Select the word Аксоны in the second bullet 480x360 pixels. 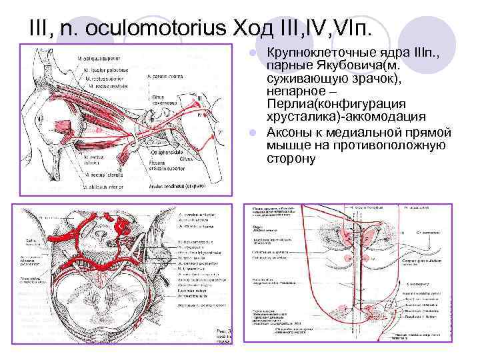click(291, 133)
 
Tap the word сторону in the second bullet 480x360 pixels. click(291, 159)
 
